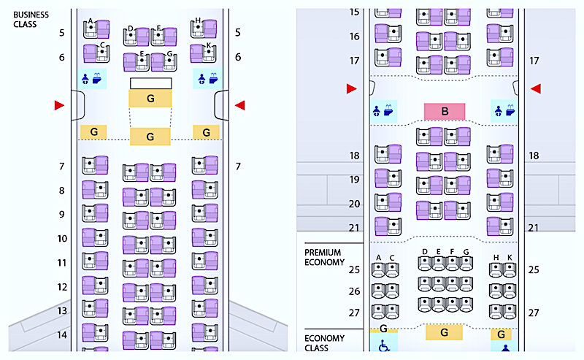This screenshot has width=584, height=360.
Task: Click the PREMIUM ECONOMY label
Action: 324,257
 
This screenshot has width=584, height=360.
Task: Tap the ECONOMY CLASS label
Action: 321,342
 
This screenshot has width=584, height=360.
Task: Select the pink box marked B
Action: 444,111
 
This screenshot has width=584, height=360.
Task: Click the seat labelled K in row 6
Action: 203,53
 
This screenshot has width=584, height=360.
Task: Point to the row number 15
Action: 355,12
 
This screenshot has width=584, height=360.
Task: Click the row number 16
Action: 355,37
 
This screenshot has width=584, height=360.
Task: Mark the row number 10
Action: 62,239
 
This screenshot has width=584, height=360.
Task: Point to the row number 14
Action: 62,335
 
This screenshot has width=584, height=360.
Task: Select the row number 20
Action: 355,204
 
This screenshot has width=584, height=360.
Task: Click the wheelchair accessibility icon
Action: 383,345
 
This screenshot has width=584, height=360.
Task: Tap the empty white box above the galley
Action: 150,83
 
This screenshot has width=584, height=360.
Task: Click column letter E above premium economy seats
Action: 438,252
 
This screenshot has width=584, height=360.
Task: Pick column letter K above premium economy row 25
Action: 509,257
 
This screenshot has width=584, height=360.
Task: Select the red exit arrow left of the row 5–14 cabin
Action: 59,106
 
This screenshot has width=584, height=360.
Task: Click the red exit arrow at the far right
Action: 535,88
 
